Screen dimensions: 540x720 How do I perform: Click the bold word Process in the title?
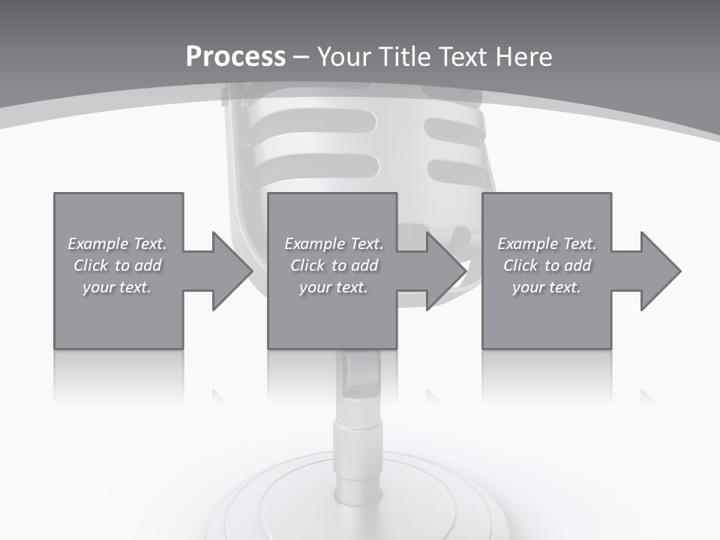[235, 56]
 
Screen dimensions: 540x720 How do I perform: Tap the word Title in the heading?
[405, 56]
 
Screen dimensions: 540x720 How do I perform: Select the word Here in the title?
[524, 56]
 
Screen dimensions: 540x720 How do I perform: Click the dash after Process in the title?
[301, 57]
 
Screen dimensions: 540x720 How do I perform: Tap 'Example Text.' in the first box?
[117, 244]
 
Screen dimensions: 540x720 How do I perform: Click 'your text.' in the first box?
[117, 286]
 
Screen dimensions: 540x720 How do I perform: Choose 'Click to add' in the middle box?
[334, 265]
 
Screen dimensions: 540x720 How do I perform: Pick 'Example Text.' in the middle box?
[334, 244]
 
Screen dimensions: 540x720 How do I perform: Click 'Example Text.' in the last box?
[547, 244]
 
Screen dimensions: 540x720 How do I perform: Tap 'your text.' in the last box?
[547, 286]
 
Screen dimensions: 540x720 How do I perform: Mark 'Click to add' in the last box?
[547, 265]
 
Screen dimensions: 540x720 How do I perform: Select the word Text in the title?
[461, 56]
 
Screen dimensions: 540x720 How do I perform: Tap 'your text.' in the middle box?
[334, 286]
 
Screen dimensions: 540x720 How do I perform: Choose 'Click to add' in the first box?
[117, 265]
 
